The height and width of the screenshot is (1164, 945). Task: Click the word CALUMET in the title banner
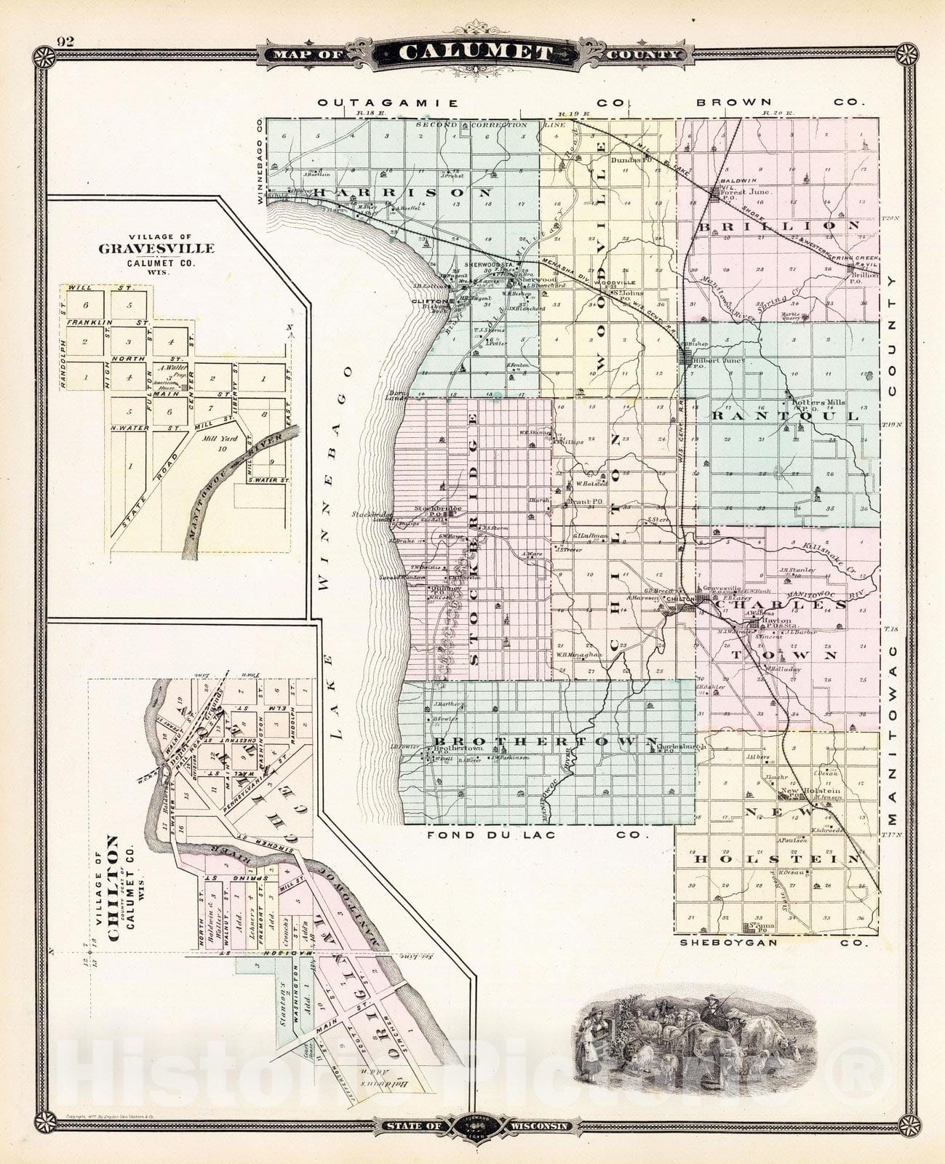(x=476, y=53)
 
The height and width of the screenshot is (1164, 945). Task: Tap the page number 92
(x=65, y=41)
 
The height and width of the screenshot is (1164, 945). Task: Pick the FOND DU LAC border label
(x=492, y=834)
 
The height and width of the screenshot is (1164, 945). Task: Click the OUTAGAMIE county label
(x=388, y=103)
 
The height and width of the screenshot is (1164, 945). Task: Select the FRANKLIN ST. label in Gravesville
(x=108, y=322)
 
